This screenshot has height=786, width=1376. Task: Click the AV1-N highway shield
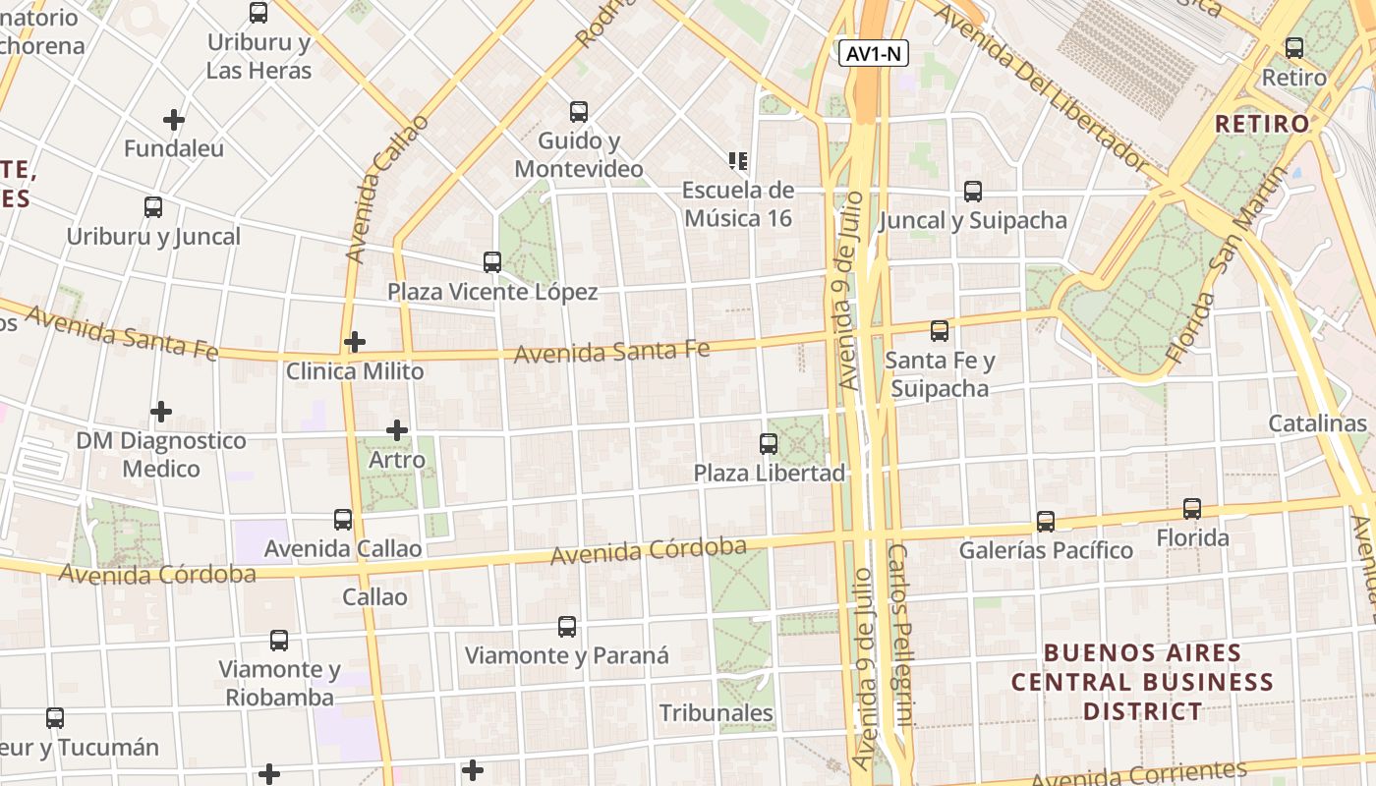click(x=874, y=54)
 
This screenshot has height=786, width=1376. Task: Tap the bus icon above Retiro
click(x=1294, y=47)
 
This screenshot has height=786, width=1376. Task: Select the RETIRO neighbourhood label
click(x=1262, y=124)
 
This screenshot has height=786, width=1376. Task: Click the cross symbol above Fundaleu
click(x=174, y=120)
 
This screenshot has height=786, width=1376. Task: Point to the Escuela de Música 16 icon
click(x=738, y=160)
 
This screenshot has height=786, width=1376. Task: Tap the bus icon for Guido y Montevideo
click(x=579, y=112)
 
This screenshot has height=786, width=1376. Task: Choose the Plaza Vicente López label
click(x=491, y=292)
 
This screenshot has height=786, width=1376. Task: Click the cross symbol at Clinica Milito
click(x=355, y=342)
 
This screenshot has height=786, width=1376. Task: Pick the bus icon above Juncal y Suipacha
click(x=973, y=192)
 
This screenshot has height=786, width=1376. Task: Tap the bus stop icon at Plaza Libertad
click(x=769, y=444)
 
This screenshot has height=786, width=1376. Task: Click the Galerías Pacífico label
click(x=1046, y=550)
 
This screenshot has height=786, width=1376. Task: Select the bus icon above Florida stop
click(x=1192, y=509)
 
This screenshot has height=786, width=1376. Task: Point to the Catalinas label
click(x=1317, y=423)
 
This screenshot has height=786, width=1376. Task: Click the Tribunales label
click(x=716, y=713)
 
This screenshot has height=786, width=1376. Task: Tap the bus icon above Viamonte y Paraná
click(x=567, y=627)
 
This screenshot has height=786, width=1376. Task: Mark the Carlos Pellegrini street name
click(x=901, y=648)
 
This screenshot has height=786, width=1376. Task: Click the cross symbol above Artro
click(x=397, y=430)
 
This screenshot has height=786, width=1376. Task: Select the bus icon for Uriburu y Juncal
click(x=153, y=207)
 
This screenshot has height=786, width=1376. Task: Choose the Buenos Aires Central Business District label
click(x=1142, y=682)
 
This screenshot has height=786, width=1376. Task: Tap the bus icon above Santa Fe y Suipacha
click(x=940, y=331)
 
